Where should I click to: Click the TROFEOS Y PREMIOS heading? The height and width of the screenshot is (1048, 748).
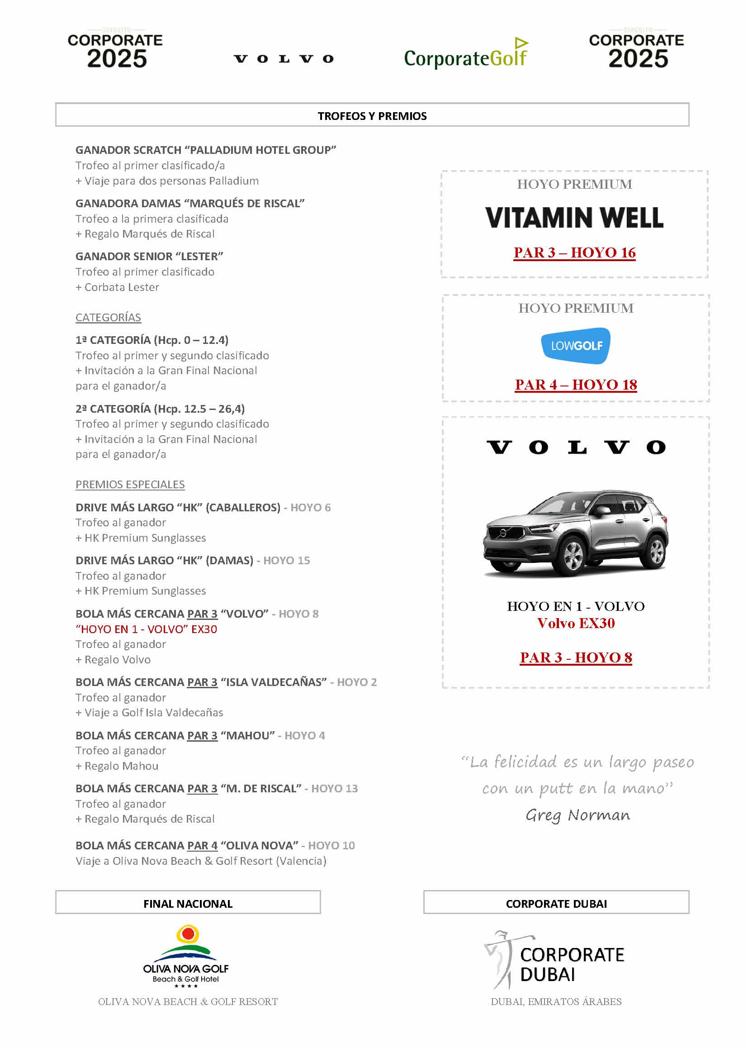(372, 116)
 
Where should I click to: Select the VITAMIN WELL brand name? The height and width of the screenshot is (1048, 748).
(574, 218)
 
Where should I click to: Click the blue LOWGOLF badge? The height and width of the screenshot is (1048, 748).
(576, 346)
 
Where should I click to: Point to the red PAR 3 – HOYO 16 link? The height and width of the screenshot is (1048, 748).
(574, 252)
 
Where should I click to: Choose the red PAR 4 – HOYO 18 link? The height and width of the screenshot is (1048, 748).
(576, 384)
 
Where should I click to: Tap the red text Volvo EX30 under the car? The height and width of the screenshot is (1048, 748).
(576, 623)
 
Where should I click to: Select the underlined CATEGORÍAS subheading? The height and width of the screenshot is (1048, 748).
(108, 318)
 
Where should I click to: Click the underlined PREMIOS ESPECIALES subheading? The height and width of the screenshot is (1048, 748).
(130, 484)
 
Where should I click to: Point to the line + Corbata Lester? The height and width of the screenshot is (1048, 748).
(118, 287)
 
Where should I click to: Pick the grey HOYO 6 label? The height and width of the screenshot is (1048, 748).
(310, 507)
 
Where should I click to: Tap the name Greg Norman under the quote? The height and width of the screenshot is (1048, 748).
(578, 815)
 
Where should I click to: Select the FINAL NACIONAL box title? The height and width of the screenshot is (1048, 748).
(188, 904)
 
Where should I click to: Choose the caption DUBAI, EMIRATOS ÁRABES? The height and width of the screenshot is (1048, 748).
(556, 1001)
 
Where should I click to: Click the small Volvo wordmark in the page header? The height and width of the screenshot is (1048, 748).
(284, 58)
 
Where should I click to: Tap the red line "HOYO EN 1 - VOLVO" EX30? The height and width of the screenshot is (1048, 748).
(147, 629)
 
